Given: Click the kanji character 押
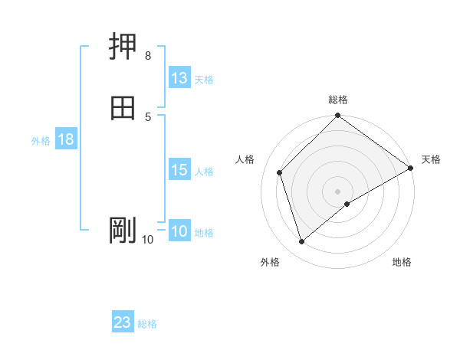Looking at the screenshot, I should tap(123, 47).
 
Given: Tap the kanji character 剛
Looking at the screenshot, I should tap(123, 230).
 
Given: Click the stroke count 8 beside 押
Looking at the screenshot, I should tap(148, 56).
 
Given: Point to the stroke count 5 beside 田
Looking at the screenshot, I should tap(148, 116).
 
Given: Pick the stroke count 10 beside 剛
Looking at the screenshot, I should tap(148, 240).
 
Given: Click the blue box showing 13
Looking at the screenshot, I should tap(179, 78).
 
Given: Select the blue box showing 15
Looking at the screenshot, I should tap(179, 170).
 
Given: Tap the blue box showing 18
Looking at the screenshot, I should tap(65, 139).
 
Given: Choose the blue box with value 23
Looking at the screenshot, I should tap(123, 322).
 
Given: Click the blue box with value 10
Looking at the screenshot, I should tap(179, 232).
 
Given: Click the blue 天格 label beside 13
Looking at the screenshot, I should tap(204, 80).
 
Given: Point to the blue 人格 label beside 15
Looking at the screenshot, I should tap(204, 172).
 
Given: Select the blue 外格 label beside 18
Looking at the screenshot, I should tap(41, 141).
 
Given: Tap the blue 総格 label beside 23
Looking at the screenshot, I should tap(147, 324).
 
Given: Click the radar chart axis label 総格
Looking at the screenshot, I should tap(338, 100).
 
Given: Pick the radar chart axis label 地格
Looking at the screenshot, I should tap(402, 263).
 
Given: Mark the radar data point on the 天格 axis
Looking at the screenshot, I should tap(411, 169).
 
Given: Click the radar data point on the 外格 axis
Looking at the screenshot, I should tap(301, 242).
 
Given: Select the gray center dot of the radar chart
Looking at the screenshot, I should tap(338, 191).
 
